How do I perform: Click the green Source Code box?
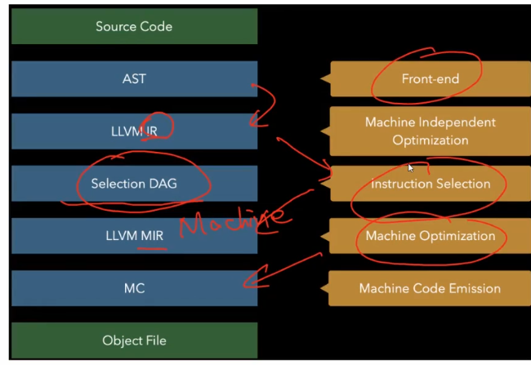[134, 27]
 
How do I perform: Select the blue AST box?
[134, 79]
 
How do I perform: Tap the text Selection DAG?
[134, 184]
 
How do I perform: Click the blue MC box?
[134, 288]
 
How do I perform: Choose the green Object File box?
[134, 341]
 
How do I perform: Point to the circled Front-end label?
[430, 79]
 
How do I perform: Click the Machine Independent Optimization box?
[430, 131]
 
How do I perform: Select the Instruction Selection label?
[430, 184]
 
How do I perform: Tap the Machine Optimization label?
[430, 236]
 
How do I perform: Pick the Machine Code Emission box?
[430, 288]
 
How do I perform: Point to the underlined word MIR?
[154, 236]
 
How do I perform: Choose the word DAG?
[163, 184]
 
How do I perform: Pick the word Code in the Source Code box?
[156, 27]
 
